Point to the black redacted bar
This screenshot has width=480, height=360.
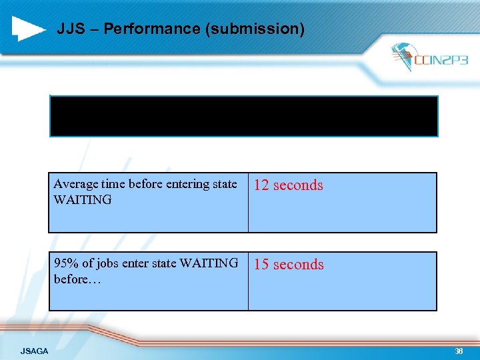coord(243,116)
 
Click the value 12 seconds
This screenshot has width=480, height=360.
coord(288,185)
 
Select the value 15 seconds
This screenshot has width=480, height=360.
coord(288,265)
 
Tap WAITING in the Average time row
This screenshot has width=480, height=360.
coord(83,199)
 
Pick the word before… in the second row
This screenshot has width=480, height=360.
coord(77,279)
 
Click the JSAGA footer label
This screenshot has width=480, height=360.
coord(34,351)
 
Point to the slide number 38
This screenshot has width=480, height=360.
coord(459,351)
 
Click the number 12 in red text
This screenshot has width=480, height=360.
coord(261,185)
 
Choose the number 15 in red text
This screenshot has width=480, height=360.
coord(261,265)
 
